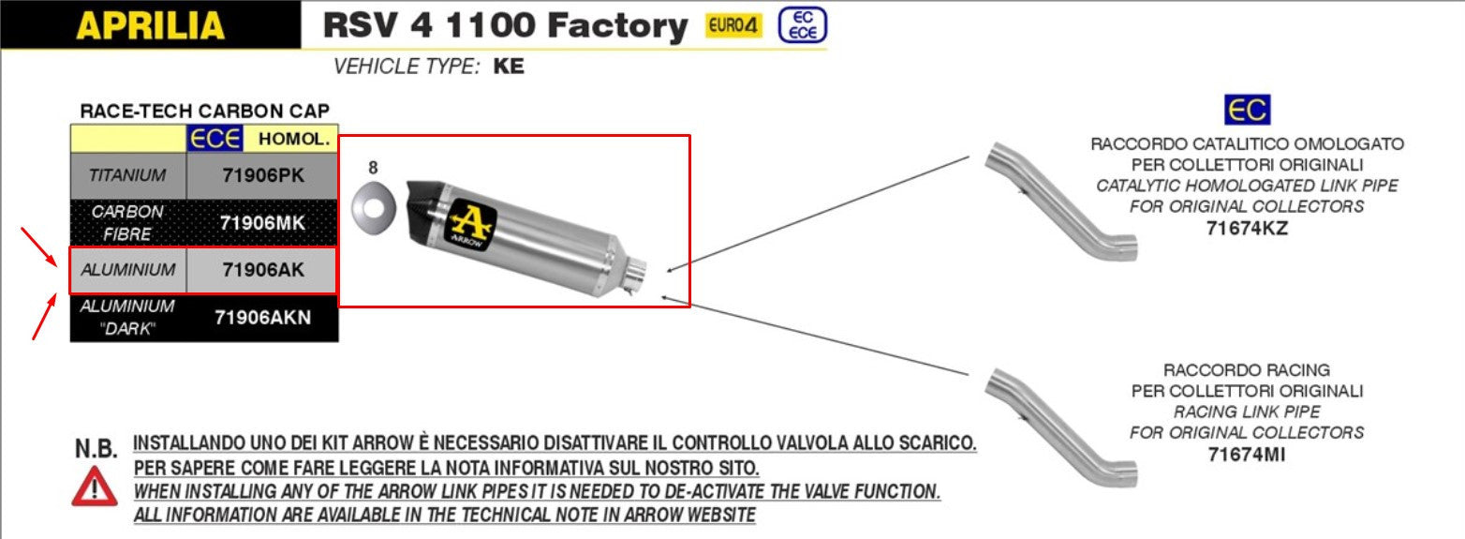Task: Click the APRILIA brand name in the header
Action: tap(151, 25)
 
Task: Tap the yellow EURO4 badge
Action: tap(733, 25)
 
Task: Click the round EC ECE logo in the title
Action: tap(803, 25)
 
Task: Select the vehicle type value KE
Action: tap(509, 66)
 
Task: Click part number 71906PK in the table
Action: tap(263, 175)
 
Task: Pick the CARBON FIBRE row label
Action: tap(127, 222)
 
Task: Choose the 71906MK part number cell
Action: tap(262, 223)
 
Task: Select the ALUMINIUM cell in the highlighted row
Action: tap(128, 270)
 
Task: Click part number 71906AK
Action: tap(263, 270)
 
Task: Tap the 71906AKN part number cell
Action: tap(262, 317)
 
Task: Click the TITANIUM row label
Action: tap(127, 175)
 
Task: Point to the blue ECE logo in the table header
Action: tap(215, 139)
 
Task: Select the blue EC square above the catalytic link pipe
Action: tap(1247, 110)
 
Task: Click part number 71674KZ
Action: tap(1247, 229)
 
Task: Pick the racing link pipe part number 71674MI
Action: tap(1247, 454)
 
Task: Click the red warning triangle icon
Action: tap(95, 487)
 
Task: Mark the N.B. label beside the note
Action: tap(96, 449)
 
